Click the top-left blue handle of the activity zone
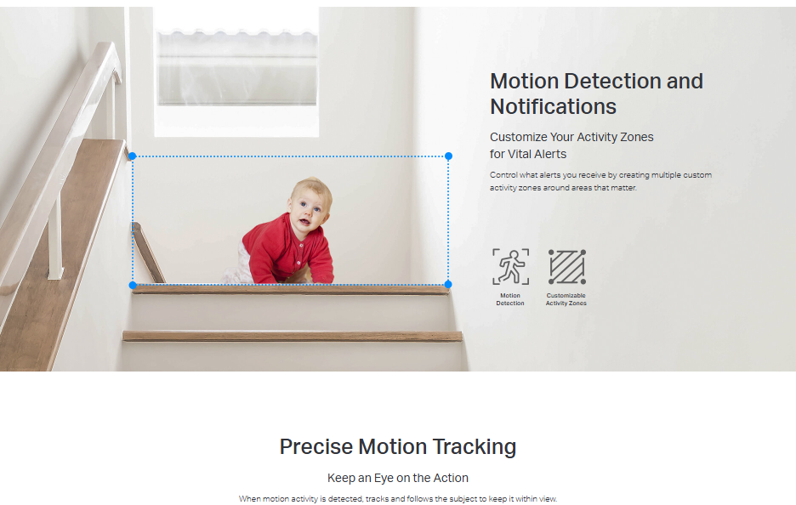coord(132,156)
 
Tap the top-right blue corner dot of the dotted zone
coord(448,156)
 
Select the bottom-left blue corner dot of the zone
coord(133,286)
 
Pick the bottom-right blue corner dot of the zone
coord(447,284)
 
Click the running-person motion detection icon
coord(511,266)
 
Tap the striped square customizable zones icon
coord(567,266)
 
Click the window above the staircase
coord(236,71)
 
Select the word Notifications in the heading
coord(553,106)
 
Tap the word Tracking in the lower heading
coord(475,447)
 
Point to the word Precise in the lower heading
coord(316,446)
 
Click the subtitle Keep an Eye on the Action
coord(398,478)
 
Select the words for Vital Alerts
coord(528,154)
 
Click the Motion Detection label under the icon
coord(510,299)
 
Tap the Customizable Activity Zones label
coord(566,299)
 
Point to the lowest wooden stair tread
coord(293,336)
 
